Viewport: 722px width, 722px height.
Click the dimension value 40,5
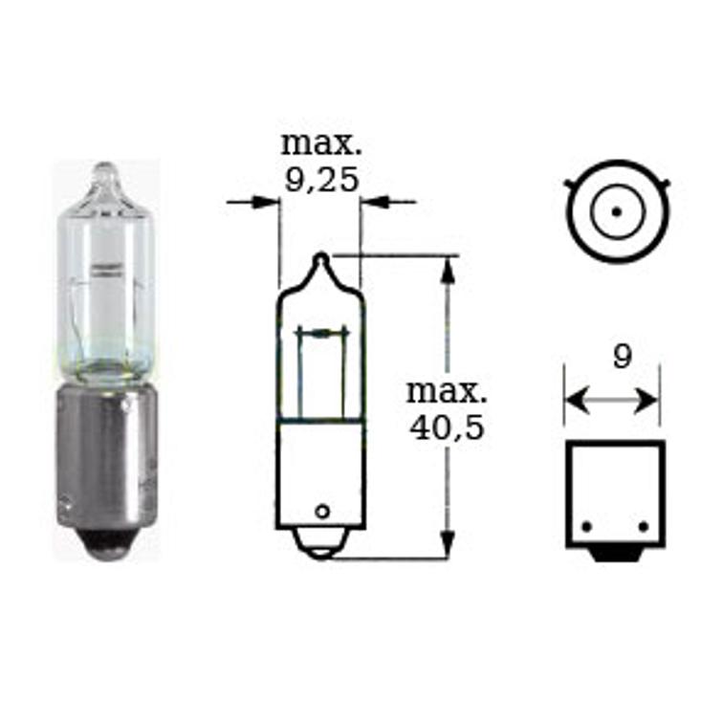pyautogui.click(x=446, y=427)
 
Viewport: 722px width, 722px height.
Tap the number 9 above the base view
pyautogui.click(x=622, y=358)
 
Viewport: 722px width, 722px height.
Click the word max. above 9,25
pyautogui.click(x=321, y=145)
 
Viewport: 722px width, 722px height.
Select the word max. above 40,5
pyautogui.click(x=447, y=391)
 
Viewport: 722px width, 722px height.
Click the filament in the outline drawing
pyautogui.click(x=321, y=333)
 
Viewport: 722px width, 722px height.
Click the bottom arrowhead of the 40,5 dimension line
pyautogui.click(x=446, y=548)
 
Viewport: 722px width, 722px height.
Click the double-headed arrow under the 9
pyautogui.click(x=612, y=397)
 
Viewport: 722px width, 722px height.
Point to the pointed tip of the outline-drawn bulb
pyautogui.click(x=322, y=256)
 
